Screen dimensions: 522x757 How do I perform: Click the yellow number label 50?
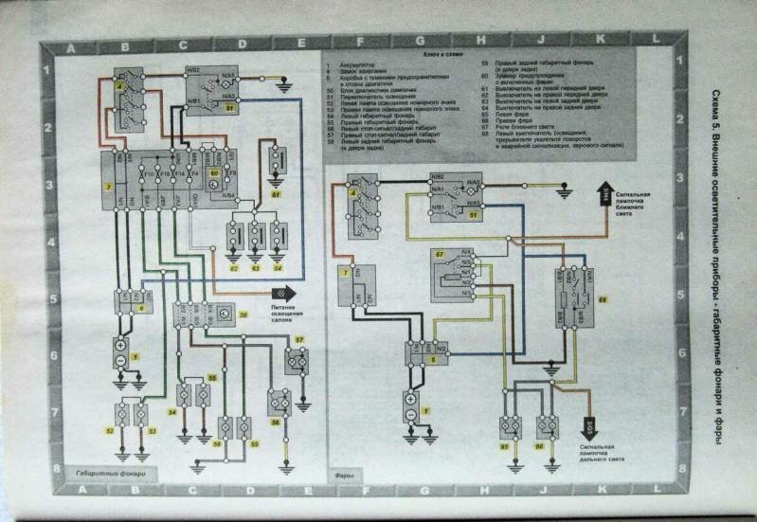(x=244, y=314)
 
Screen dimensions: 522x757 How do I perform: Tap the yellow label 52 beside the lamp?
(x=110, y=431)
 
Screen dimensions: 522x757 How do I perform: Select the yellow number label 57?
(x=298, y=338)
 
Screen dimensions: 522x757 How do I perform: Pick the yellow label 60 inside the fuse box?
(x=214, y=174)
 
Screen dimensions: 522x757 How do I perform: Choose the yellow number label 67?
(x=440, y=255)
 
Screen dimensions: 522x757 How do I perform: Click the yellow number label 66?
(x=540, y=444)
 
